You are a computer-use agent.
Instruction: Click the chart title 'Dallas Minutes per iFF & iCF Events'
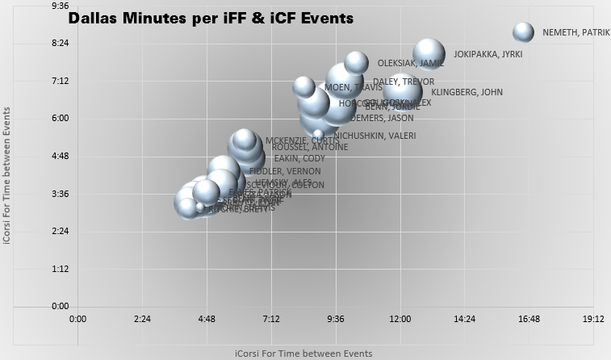click(x=211, y=19)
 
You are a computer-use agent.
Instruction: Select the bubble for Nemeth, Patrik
click(x=524, y=32)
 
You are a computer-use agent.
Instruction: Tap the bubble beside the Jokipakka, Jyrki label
click(x=429, y=54)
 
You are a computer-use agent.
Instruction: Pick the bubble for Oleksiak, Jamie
click(x=356, y=62)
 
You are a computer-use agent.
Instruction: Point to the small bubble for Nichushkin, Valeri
click(x=318, y=134)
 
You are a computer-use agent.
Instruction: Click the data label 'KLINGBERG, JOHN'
click(x=467, y=92)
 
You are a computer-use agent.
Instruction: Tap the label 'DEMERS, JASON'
click(x=382, y=118)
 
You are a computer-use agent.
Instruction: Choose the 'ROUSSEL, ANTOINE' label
click(x=310, y=147)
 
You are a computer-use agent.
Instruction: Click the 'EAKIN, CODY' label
click(x=299, y=158)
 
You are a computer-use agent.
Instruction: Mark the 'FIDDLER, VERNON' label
click(x=285, y=171)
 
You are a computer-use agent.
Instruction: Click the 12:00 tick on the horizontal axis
click(x=400, y=319)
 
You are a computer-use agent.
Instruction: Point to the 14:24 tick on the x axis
click(x=465, y=319)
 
